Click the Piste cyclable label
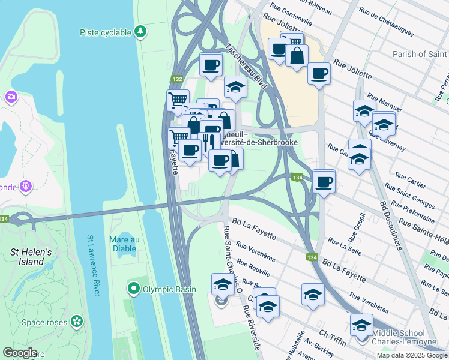(x=106, y=31)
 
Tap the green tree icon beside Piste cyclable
(x=140, y=31)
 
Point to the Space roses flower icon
(x=76, y=322)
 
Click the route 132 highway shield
(x=177, y=79)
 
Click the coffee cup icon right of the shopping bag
(x=319, y=73)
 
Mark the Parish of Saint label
(x=420, y=55)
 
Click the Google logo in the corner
(x=20, y=353)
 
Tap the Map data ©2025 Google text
(x=411, y=355)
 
